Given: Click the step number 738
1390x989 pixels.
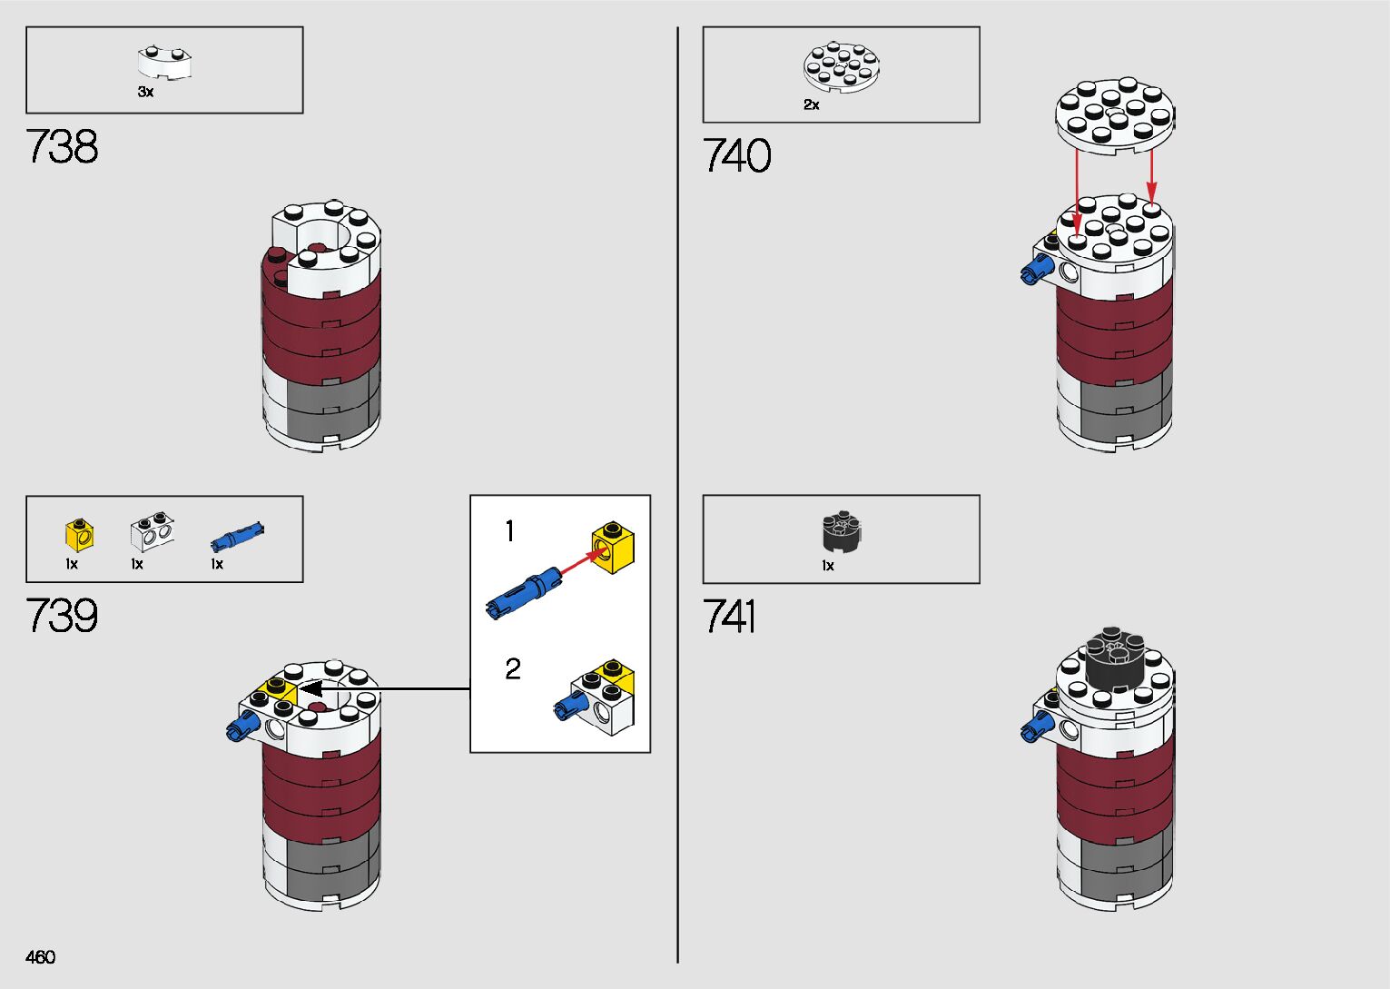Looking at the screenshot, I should coord(62,147).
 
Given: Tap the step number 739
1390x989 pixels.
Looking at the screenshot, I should coord(62,616).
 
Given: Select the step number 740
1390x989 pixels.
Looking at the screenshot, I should coord(736,156).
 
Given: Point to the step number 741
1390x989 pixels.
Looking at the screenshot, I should coord(729,618).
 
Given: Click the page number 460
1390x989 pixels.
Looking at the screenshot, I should coord(41,957).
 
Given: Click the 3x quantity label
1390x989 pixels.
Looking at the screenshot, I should coord(145,92).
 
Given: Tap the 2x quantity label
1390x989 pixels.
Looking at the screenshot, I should coord(811,105).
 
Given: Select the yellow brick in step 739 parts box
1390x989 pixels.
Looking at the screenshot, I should coord(80,535).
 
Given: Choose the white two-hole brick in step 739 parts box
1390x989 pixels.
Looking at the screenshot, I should coord(152,534).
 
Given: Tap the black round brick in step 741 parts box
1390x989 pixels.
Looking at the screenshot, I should coord(842,532).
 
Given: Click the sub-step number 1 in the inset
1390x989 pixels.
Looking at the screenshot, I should coord(509,531).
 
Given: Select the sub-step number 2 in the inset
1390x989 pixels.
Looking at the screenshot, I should coord(512,669).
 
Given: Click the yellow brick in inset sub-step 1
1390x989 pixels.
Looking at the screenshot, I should coord(613,548).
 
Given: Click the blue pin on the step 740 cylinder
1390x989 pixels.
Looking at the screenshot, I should coord(1037,269).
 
